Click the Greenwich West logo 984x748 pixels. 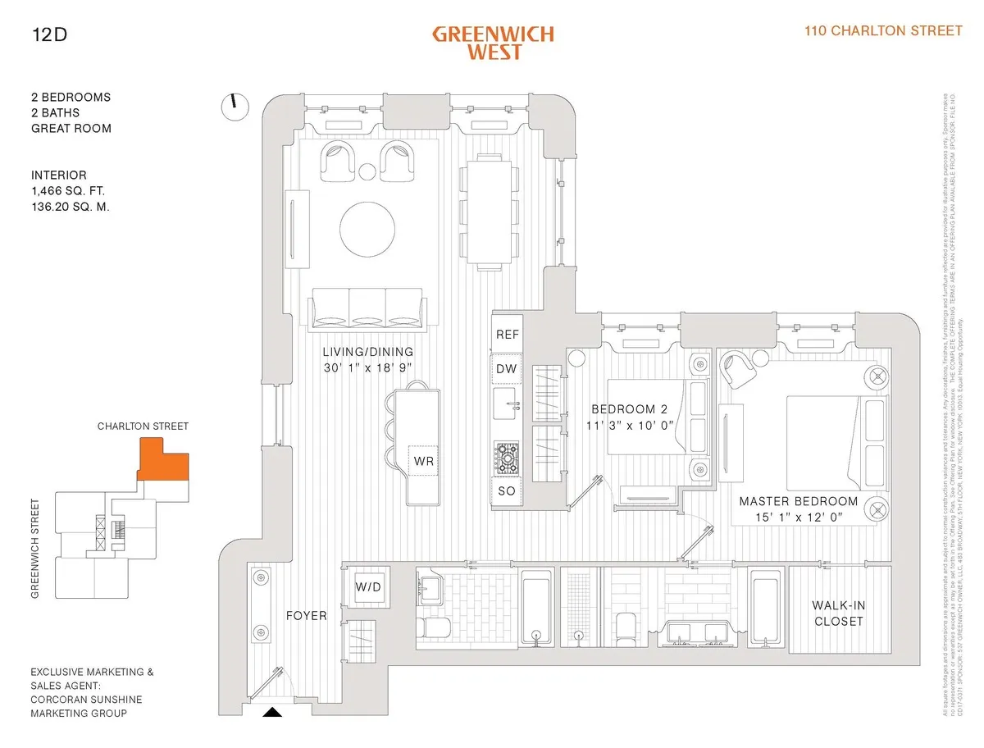click(493, 43)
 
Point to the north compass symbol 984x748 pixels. click(235, 104)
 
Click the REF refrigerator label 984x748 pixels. click(507, 335)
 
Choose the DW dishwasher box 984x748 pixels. click(507, 369)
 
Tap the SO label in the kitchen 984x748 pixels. click(507, 492)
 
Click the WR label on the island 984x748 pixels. click(423, 462)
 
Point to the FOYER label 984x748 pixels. click(305, 615)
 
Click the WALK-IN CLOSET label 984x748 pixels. click(838, 613)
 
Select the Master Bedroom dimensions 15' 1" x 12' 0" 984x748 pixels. click(799, 517)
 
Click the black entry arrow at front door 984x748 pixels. click(272, 713)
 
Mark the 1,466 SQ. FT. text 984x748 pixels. click(68, 191)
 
